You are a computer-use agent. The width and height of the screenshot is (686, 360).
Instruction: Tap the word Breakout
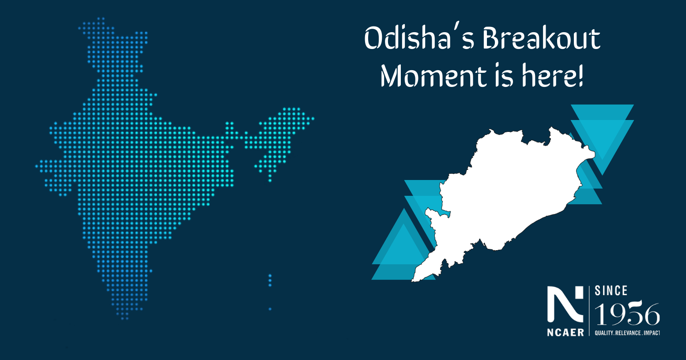tap(541, 39)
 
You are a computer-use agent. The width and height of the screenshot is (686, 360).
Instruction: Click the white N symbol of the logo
tap(565, 304)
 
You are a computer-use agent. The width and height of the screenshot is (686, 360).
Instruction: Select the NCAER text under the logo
tap(565, 332)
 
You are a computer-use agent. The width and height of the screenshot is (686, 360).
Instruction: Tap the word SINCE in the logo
tap(611, 291)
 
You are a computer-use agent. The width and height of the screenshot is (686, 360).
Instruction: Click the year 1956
tap(627, 315)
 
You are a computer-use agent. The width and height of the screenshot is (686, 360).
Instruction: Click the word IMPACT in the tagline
tap(652, 333)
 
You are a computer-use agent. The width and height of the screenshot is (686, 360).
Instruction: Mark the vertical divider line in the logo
tap(589, 311)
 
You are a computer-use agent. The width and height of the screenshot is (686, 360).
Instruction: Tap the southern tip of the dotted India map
tap(124, 318)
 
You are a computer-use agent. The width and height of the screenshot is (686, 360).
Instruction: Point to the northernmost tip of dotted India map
tap(101, 19)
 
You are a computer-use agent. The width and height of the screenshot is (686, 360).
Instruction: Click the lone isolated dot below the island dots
tap(270, 309)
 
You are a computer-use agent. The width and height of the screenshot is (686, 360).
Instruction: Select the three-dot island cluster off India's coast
tap(270, 280)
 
